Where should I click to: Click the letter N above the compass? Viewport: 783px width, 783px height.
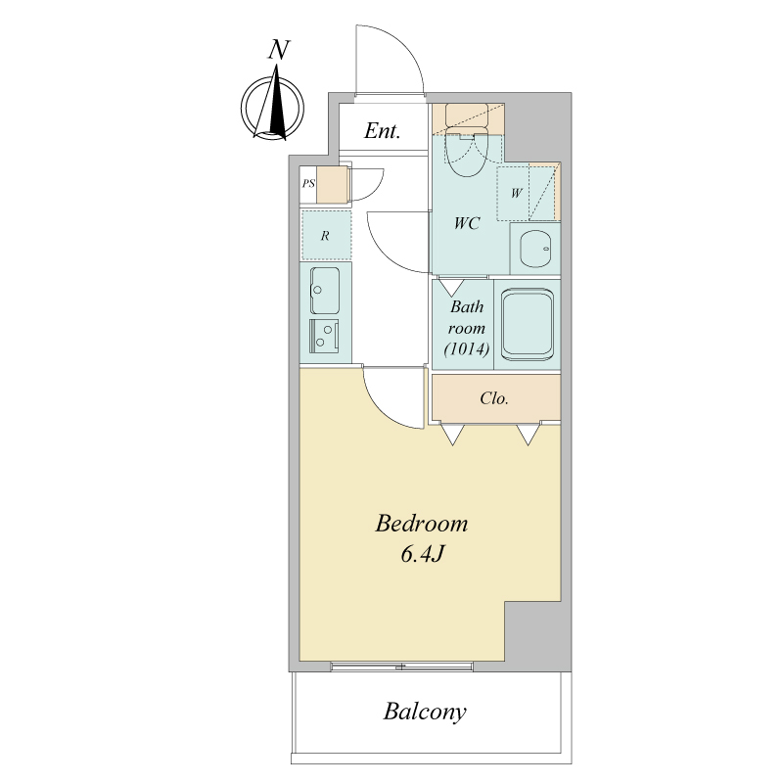279,50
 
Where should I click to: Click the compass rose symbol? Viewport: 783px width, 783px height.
272,107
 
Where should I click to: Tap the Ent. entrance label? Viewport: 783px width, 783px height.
382,131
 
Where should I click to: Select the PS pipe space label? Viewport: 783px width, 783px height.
308,184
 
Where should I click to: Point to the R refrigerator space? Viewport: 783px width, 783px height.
326,235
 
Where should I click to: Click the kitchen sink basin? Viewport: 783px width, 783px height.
325,290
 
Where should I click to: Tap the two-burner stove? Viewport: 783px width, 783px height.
324,336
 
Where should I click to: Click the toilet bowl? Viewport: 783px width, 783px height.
467,151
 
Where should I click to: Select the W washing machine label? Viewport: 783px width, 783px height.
517,193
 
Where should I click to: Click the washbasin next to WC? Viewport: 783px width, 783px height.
534,249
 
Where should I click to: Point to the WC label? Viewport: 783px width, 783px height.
467,223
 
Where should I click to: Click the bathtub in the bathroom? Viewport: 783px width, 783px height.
528,325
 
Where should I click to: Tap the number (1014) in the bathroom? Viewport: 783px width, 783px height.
467,348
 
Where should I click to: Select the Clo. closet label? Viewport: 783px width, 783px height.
494,398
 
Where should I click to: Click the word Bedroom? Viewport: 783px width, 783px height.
422,524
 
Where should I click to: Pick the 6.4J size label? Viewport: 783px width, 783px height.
423,554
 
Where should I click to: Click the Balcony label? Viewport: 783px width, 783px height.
425,712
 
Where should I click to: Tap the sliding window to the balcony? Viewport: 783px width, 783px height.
402,666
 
